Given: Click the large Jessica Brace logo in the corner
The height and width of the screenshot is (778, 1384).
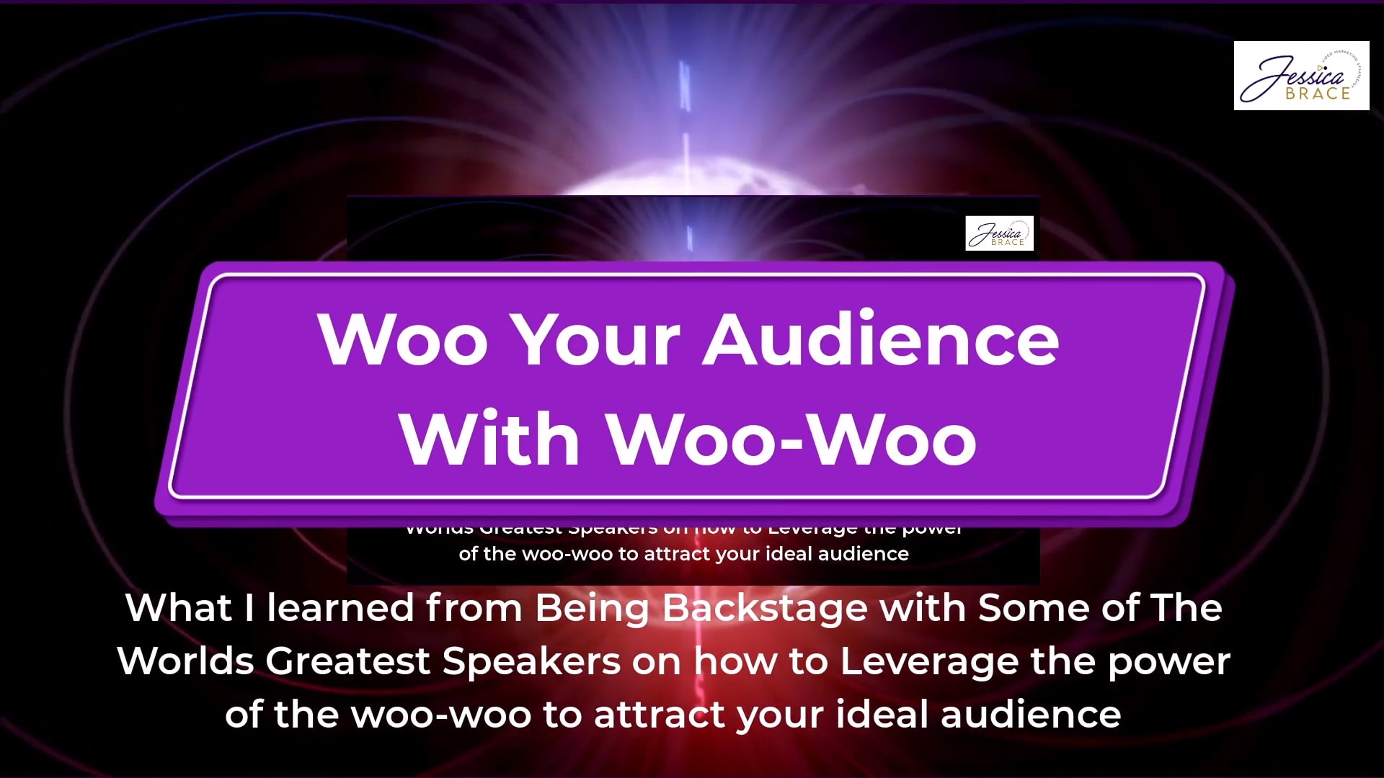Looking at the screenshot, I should pos(1301,76).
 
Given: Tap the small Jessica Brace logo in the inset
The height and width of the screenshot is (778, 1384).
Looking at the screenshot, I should pos(999,233).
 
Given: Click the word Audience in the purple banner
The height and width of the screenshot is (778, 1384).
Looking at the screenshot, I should pos(881,339).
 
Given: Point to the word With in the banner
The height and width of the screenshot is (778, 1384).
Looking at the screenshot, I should pos(489,438).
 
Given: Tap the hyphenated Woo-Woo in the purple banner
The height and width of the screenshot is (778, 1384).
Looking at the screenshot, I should pos(791,438).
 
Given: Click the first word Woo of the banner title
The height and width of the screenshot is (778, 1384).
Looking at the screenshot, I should pos(403,339).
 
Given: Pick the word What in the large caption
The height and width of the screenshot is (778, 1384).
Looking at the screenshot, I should pos(178,608).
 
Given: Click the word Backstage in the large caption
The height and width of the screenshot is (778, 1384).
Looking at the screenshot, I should pos(765,608).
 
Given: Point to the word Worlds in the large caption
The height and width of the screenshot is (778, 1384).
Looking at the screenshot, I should pos(185,661).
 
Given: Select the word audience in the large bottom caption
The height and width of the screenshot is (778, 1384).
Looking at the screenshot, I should pos(1031,715).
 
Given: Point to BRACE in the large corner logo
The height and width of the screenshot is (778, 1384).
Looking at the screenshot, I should pos(1318,94).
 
